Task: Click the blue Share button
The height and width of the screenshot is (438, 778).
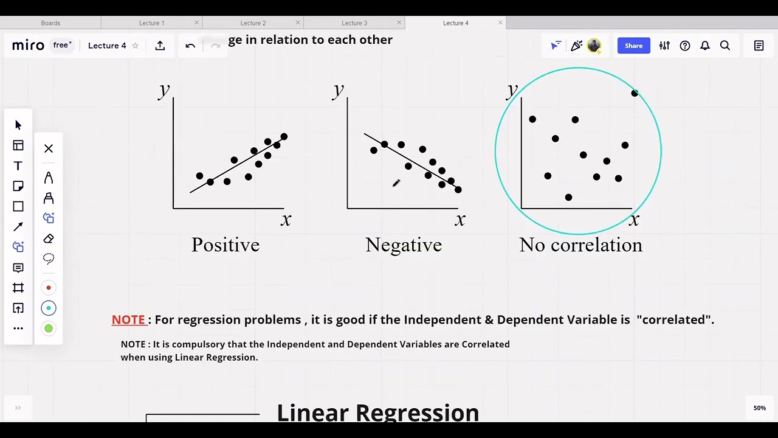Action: (633, 46)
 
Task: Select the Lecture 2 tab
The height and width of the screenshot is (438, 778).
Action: (253, 23)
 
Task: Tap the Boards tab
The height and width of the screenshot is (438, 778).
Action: (50, 23)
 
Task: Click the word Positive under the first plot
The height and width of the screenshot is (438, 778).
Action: (225, 245)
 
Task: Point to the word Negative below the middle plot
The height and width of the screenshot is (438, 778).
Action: (404, 245)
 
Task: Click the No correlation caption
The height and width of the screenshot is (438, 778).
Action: (580, 245)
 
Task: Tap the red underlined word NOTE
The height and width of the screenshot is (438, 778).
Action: (128, 320)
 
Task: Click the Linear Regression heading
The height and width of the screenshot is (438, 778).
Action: (377, 412)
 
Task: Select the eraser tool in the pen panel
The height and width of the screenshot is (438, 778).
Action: (49, 238)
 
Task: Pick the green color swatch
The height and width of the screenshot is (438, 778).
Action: (49, 328)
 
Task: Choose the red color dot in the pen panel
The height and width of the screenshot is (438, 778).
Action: (49, 288)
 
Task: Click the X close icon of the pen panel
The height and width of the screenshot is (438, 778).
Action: (49, 148)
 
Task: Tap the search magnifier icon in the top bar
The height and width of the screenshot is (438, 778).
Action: (725, 46)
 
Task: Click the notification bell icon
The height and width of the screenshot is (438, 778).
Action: (705, 46)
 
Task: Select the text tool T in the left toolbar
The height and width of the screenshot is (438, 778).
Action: (18, 166)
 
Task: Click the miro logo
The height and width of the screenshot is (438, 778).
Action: (28, 46)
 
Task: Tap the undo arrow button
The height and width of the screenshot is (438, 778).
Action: (190, 46)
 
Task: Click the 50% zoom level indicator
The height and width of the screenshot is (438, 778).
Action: (760, 408)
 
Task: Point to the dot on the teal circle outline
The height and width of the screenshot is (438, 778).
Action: (635, 93)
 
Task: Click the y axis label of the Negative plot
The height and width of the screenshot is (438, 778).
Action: (338, 91)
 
